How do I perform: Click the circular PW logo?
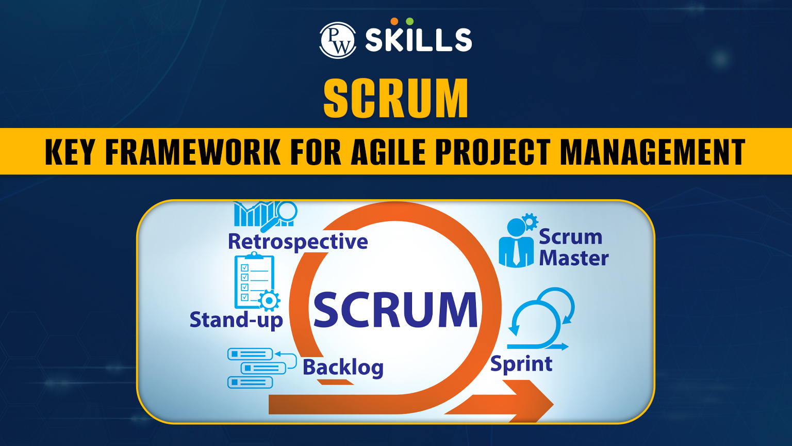click(338, 40)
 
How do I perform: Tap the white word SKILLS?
click(419, 40)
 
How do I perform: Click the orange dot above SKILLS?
click(394, 21)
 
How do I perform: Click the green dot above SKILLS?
click(410, 21)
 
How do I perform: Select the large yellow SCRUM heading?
click(396, 98)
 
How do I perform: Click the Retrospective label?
click(298, 242)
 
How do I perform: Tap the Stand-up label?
click(236, 321)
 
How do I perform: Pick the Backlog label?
click(343, 368)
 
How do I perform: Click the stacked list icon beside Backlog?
click(262, 368)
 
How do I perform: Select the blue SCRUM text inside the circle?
click(395, 310)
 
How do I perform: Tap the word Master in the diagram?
click(573, 258)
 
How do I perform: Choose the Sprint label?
click(521, 364)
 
